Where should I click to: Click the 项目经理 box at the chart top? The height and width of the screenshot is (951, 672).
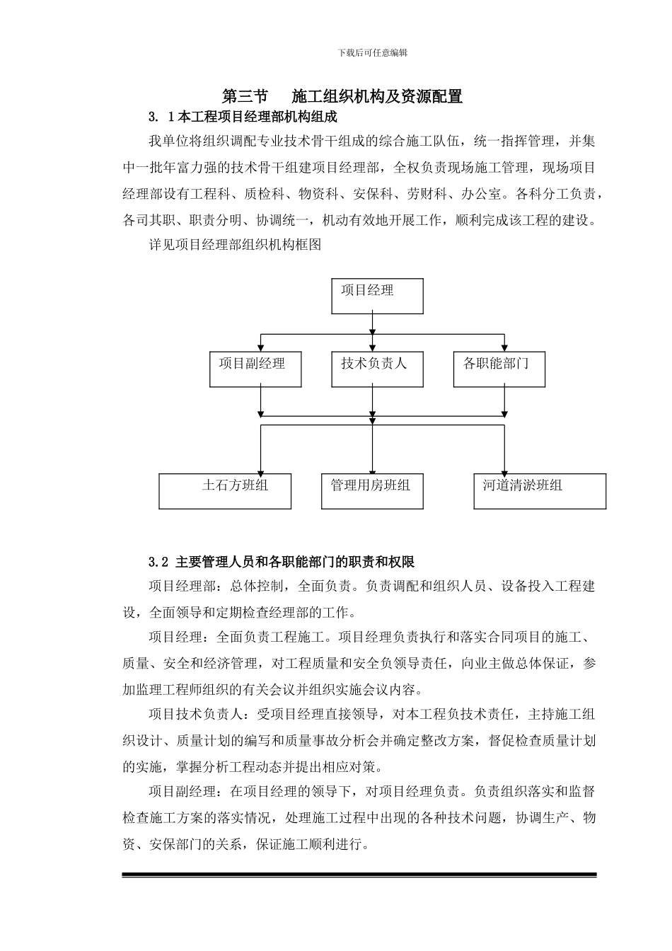click(377, 296)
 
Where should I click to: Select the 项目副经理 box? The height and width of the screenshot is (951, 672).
click(255, 369)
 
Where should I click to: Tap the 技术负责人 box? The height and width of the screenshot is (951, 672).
click(378, 369)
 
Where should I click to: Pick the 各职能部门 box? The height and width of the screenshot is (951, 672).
click(499, 369)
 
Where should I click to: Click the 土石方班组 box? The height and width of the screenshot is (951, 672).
click(225, 491)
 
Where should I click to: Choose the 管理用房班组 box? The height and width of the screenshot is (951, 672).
click(372, 491)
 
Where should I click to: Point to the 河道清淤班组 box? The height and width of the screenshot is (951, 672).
click(539, 491)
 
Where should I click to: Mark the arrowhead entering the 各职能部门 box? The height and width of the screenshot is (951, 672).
click(504, 347)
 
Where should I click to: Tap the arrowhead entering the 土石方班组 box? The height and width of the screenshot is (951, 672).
click(261, 470)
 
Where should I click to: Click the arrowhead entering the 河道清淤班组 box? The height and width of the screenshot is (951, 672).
click(504, 470)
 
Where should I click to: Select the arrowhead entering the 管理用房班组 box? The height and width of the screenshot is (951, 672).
click(373, 470)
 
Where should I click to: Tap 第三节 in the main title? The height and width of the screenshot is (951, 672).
click(245, 96)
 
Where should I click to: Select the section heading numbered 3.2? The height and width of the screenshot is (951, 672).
click(281, 562)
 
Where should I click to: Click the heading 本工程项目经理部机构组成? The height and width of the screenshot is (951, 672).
click(257, 116)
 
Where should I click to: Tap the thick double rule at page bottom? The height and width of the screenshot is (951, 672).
click(359, 875)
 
